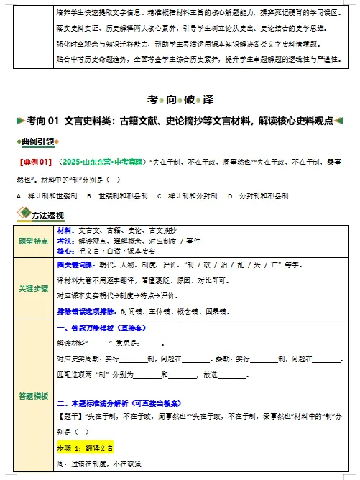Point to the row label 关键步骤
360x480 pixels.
33,288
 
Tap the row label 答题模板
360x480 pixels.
33,396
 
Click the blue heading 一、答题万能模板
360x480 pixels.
96,329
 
